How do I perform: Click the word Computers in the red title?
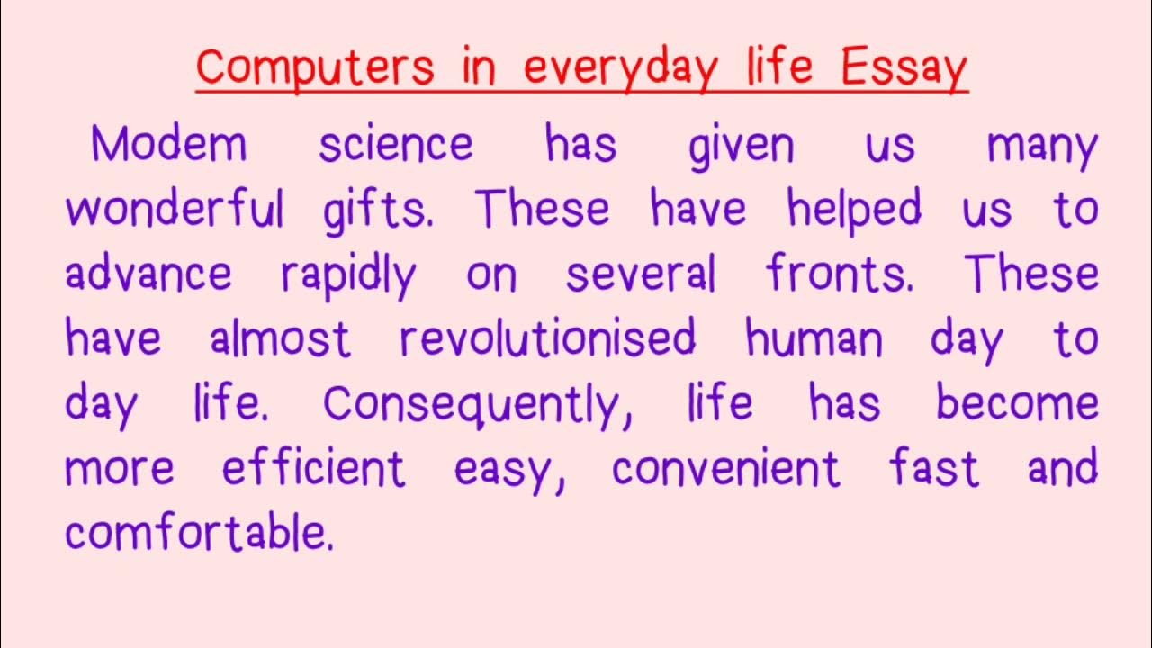click(x=314, y=67)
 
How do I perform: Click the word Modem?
click(x=168, y=144)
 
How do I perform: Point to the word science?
click(x=396, y=145)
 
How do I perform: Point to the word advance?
click(x=148, y=274)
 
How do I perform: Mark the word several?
click(x=641, y=274)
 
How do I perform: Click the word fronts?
click(x=841, y=274)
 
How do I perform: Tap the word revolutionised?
click(x=548, y=338)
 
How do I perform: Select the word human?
click(x=814, y=339)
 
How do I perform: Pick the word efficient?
click(x=314, y=468)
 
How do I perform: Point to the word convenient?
click(x=725, y=469)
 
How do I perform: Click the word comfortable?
click(x=199, y=533)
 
